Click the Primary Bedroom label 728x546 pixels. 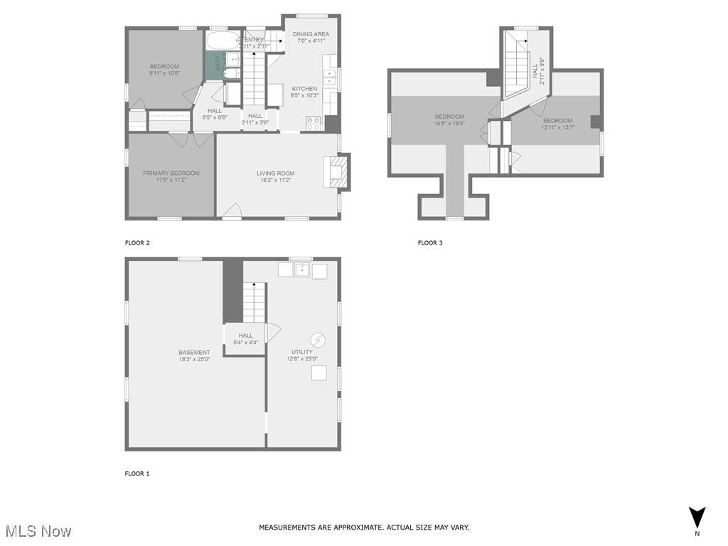[171, 173]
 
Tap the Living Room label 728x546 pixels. [275, 173]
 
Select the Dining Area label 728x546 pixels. [311, 34]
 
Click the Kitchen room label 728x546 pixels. [304, 89]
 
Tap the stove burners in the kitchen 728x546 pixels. [314, 123]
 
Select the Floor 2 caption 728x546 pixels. [137, 243]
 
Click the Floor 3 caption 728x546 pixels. [430, 243]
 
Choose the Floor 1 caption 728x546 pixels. [137, 473]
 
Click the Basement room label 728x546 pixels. [194, 353]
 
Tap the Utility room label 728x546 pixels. [301, 352]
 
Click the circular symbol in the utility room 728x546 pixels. [318, 339]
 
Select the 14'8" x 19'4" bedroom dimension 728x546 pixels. [449, 124]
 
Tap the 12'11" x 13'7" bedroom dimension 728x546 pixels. [557, 128]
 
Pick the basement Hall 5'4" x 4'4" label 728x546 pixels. [245, 343]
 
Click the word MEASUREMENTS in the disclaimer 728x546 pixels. [285, 528]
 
